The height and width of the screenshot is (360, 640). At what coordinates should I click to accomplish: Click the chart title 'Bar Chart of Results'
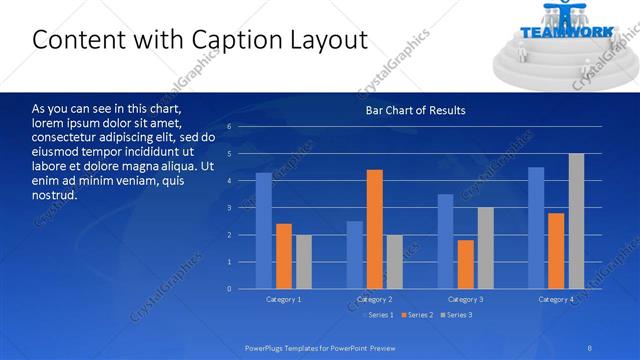pyautogui.click(x=415, y=110)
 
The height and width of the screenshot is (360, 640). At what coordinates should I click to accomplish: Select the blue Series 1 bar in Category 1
pyautogui.click(x=263, y=231)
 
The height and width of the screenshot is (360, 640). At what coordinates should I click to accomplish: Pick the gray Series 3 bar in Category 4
pyautogui.click(x=576, y=221)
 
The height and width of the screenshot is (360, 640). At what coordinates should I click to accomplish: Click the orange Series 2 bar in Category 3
pyautogui.click(x=467, y=264)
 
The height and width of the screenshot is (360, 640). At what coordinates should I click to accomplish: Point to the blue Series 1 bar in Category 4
pyautogui.click(x=536, y=228)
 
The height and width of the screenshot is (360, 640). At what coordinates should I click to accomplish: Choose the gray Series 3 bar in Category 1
pyautogui.click(x=303, y=262)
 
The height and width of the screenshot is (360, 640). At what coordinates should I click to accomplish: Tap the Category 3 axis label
pyautogui.click(x=466, y=299)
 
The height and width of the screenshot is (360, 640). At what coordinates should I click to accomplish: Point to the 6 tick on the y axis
pyautogui.click(x=229, y=127)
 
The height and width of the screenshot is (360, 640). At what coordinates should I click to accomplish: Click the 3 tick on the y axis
pyautogui.click(x=229, y=208)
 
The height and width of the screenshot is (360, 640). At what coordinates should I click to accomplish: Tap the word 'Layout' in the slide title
pyautogui.click(x=320, y=40)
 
